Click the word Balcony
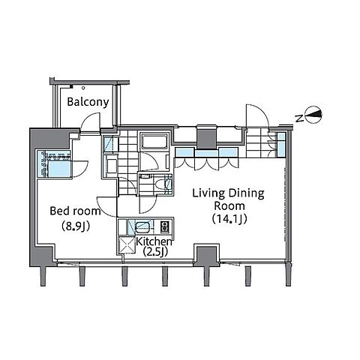point(88,102)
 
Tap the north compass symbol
point(314,115)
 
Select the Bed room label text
point(75,211)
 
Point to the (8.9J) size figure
point(76,226)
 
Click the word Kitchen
point(154,241)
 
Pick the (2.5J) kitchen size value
point(155,251)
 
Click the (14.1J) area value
point(229,219)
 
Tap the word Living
point(208,194)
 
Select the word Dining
point(247,194)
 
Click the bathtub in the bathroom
point(154,142)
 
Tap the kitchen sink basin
point(142,227)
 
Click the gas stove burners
point(164,226)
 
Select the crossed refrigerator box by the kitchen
point(127,244)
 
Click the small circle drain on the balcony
point(83,88)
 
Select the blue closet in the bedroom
point(54,163)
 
